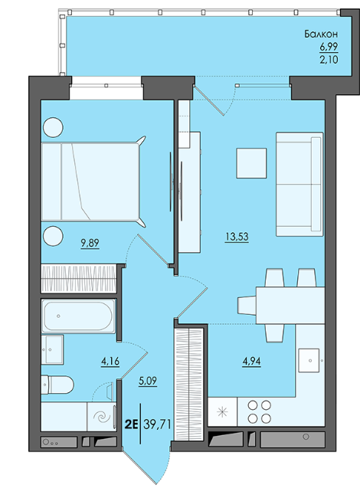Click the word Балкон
[x=321, y=34]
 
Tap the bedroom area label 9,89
[x=90, y=243]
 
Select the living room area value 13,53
[x=237, y=237]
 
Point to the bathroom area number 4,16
[x=110, y=362]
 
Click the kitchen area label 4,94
[x=252, y=362]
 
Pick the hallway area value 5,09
[x=148, y=381]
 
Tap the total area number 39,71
[x=157, y=424]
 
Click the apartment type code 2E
[x=131, y=424]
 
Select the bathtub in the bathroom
[x=78, y=316]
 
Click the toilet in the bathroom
[x=57, y=385]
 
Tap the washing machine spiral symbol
[x=103, y=417]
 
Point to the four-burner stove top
[x=259, y=412]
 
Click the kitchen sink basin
[x=309, y=360]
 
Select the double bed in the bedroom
[x=93, y=182]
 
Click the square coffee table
[x=251, y=163]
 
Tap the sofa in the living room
[x=299, y=184]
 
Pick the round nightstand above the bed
[x=53, y=127]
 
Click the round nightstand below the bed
[x=53, y=236]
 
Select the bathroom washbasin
[x=52, y=349]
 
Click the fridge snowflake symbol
[x=222, y=412]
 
